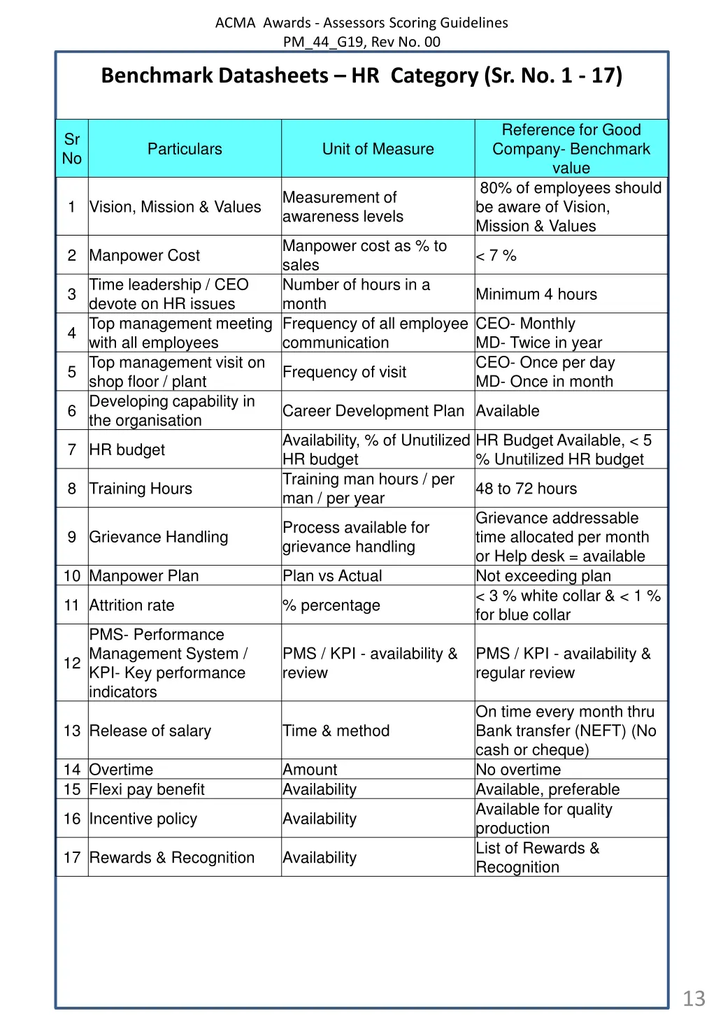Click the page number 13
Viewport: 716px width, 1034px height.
(694, 998)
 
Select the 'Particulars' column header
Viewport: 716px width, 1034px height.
(185, 149)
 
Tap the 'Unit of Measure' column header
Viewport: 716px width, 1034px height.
(378, 149)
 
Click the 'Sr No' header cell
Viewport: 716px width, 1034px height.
(72, 149)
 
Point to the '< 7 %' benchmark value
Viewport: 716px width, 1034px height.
(496, 256)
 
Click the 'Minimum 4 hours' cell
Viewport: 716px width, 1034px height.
(536, 294)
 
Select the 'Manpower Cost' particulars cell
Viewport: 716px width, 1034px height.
(145, 256)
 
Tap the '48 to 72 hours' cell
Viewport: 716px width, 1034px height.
(527, 489)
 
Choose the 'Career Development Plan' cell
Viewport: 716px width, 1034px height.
(373, 411)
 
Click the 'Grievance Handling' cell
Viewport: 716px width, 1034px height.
(159, 537)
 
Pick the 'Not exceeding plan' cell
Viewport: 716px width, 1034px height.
(543, 576)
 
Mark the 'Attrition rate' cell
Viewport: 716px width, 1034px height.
(132, 605)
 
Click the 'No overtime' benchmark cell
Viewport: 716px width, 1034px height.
(518, 770)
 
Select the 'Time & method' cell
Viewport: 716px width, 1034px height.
(336, 731)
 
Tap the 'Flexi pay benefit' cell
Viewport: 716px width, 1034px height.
(147, 789)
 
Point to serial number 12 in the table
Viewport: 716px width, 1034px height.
(72, 663)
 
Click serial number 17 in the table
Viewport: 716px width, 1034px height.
(72, 858)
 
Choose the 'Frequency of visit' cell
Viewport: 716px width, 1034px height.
(345, 372)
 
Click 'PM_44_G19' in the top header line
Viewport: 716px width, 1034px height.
(323, 41)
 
